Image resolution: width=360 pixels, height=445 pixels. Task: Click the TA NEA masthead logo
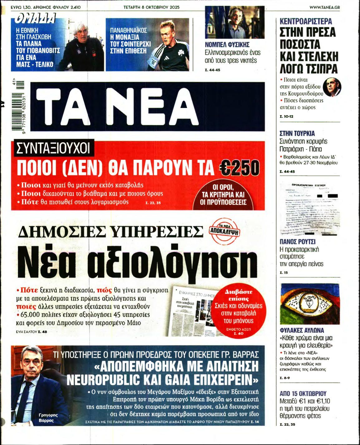click(x=147, y=106)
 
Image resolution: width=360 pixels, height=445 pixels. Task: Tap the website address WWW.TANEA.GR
click(x=324, y=7)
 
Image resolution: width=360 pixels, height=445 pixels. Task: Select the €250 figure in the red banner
click(x=239, y=168)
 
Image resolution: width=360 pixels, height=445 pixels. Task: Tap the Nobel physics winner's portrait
click(x=235, y=22)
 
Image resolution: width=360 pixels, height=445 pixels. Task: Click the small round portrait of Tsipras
click(x=332, y=87)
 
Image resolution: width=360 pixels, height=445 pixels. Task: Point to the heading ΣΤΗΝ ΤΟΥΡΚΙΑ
click(x=297, y=133)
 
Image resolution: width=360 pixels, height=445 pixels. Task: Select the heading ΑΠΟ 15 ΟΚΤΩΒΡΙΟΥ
click(x=303, y=394)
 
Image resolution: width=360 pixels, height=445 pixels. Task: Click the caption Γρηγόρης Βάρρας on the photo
click(x=48, y=418)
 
